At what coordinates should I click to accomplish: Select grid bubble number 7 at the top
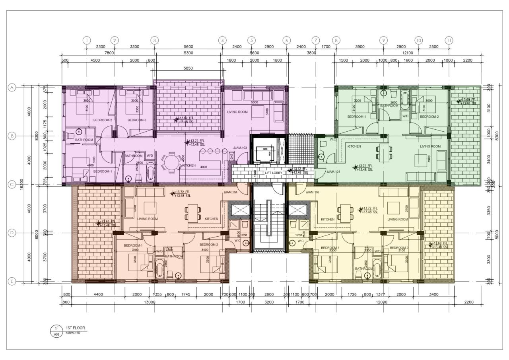tap(315, 40)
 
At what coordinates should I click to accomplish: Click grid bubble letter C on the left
tap(12, 185)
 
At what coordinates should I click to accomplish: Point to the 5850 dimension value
tap(188, 68)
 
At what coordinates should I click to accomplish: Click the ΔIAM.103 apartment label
tap(241, 148)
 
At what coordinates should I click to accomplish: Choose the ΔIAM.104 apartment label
tap(231, 192)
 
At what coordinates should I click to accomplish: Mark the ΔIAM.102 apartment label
tap(313, 192)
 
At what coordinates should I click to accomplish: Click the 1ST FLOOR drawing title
tap(75, 328)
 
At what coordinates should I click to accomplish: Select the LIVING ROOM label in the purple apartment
tap(237, 112)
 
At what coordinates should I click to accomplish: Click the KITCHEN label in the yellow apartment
tap(328, 219)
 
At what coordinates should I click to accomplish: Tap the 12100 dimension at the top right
tap(407, 53)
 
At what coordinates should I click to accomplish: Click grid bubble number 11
tap(449, 40)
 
